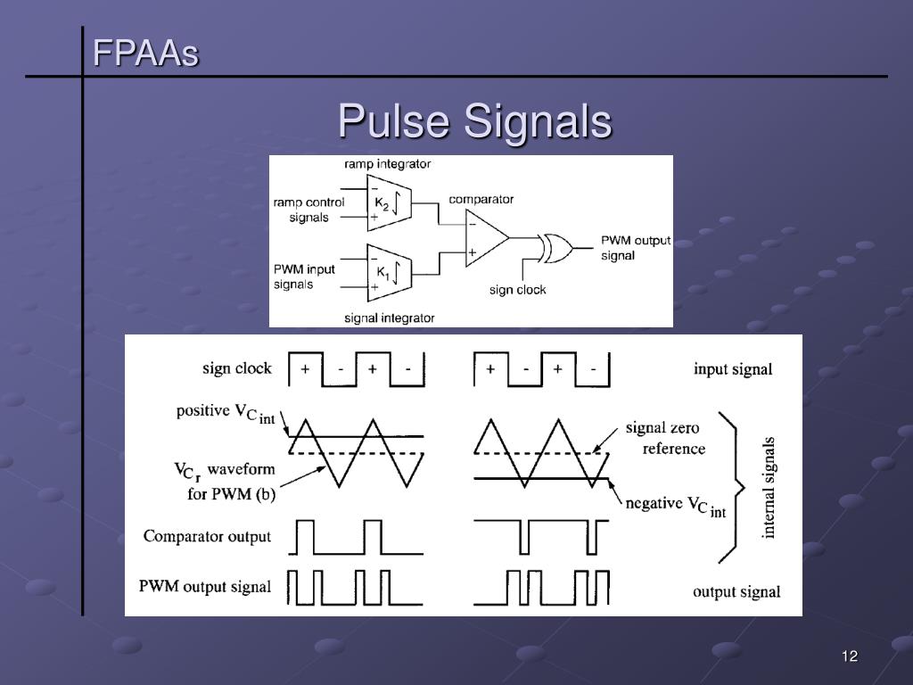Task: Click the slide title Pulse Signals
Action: [x=474, y=121]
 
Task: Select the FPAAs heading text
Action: [x=146, y=54]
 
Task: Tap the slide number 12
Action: [x=849, y=657]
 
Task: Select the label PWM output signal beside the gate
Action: [x=635, y=248]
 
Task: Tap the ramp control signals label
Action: [x=308, y=210]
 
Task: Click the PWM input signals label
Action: [x=304, y=276]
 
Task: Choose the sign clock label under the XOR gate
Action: [x=517, y=290]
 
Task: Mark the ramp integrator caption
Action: [x=388, y=164]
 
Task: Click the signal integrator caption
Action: [x=390, y=318]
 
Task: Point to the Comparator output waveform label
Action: [x=207, y=537]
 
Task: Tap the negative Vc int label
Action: [x=676, y=506]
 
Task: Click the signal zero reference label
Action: [x=665, y=438]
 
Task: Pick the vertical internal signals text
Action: [x=769, y=487]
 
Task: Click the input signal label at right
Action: [x=733, y=369]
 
